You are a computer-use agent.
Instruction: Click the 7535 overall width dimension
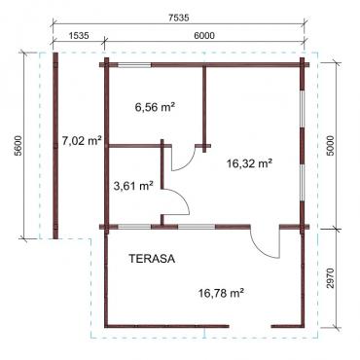[178, 18]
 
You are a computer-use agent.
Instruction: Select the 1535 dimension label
[79, 35]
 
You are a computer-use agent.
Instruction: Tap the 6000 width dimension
[204, 35]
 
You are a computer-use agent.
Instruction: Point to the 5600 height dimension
[18, 145]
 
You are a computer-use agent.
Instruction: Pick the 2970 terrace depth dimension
[331, 278]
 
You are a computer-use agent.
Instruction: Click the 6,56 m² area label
[155, 107]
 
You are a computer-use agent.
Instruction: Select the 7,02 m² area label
[82, 140]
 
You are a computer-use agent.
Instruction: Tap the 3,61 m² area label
[133, 186]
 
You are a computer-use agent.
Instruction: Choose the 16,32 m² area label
[249, 163]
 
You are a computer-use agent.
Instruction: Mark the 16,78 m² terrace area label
[221, 293]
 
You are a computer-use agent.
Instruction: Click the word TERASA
[152, 259]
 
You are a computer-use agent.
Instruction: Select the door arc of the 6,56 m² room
[188, 166]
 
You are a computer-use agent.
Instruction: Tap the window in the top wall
[134, 65]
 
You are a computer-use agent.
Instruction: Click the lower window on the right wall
[302, 184]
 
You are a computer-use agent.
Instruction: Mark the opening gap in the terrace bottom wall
[250, 326]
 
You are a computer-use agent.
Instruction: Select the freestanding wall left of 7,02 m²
[55, 145]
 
